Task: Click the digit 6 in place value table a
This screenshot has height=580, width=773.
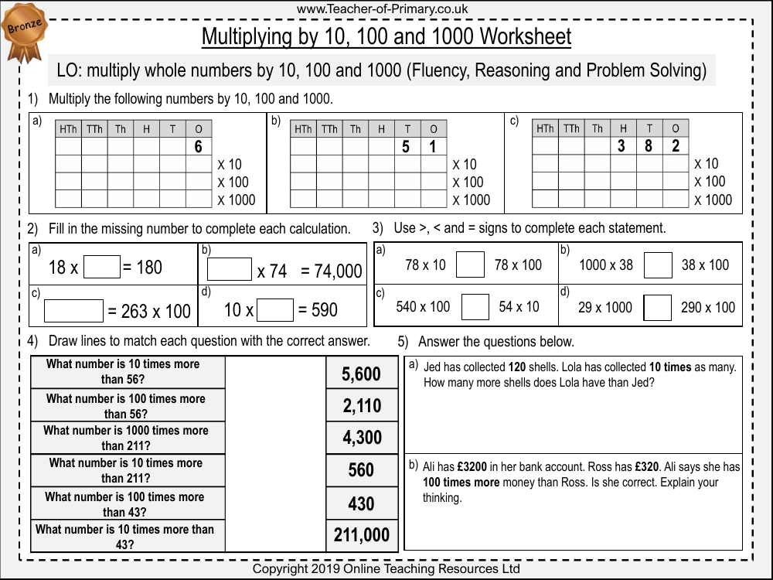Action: [x=198, y=147]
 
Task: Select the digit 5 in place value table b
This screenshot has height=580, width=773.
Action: [x=406, y=147]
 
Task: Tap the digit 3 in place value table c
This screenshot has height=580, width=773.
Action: [x=621, y=146]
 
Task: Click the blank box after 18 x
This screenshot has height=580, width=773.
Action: [x=102, y=268]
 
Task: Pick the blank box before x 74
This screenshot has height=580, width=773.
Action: [x=230, y=269]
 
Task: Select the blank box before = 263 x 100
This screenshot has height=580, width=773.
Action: [x=73, y=310]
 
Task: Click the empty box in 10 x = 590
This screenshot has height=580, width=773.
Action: [x=275, y=310]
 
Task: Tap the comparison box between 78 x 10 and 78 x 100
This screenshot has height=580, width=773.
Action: [x=470, y=265]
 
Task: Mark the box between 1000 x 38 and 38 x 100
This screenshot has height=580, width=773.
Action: [x=658, y=265]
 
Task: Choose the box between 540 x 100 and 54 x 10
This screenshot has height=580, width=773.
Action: [x=475, y=307]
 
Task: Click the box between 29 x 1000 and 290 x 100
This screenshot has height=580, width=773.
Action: [x=658, y=307]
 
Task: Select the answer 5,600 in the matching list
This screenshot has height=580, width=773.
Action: [x=362, y=374]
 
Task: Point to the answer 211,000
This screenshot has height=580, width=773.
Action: [x=362, y=535]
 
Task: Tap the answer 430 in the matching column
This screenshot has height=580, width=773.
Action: [x=362, y=503]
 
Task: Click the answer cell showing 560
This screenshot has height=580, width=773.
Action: [x=362, y=470]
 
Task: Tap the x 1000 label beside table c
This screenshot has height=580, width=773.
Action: [x=713, y=200]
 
